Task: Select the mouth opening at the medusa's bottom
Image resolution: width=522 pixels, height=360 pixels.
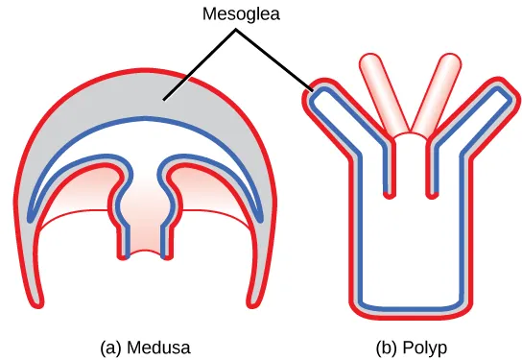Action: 147,254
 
